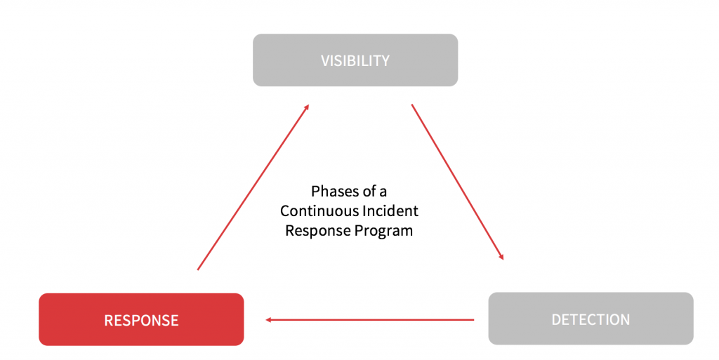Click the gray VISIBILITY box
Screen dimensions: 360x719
point(355,60)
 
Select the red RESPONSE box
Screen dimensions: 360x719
point(141,320)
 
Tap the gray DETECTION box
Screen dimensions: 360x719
point(591,319)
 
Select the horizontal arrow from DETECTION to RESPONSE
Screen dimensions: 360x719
point(370,320)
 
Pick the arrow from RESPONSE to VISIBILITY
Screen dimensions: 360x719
point(253,187)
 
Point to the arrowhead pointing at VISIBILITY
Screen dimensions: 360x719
point(306,107)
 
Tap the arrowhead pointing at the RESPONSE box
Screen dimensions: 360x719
point(270,320)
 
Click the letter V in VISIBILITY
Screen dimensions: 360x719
point(325,60)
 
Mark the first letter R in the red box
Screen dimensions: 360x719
point(109,321)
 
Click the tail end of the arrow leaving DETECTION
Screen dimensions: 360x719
point(473,320)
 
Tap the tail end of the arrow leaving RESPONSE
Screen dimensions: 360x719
point(199,268)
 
